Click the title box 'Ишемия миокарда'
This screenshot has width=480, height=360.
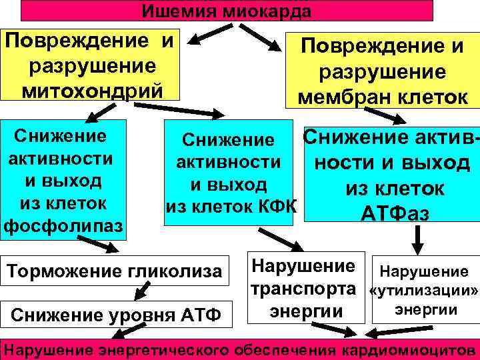(x=227, y=10)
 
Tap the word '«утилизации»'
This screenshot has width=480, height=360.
(x=425, y=291)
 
